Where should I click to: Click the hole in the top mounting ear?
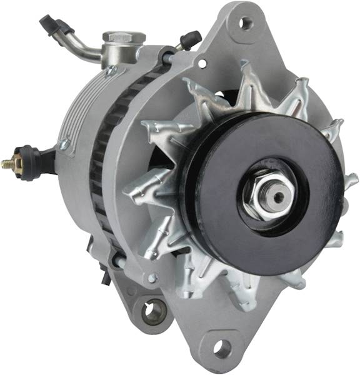(246, 23)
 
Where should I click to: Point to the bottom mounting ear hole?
(222, 348)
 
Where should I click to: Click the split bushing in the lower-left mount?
(153, 312)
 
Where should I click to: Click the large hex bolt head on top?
(124, 37)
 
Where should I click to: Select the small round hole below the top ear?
(201, 62)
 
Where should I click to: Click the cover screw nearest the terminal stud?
(64, 144)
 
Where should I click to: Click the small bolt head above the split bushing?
(152, 278)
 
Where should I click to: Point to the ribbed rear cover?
(78, 112)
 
